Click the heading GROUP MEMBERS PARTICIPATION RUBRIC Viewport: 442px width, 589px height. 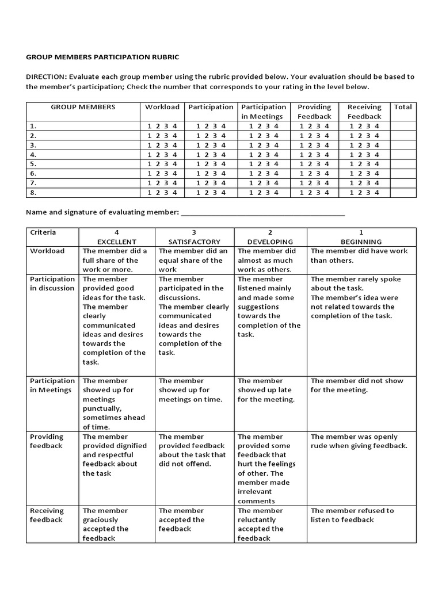[x=102, y=57]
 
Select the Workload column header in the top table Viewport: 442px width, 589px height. [x=162, y=107]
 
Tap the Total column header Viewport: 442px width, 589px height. [x=403, y=107]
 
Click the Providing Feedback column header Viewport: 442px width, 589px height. [x=314, y=112]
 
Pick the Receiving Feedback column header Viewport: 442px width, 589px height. [x=364, y=112]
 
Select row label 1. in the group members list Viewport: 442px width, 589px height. [x=33, y=126]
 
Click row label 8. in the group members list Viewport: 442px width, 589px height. [x=33, y=193]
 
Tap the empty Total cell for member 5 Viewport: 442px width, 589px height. [x=402, y=164]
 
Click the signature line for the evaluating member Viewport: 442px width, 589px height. [x=263, y=213]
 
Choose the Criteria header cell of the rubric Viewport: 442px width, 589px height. [x=43, y=232]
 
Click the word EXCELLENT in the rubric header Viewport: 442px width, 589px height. [x=117, y=242]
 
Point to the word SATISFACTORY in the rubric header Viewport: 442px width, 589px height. [x=194, y=242]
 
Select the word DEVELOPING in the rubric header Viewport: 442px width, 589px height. [x=270, y=242]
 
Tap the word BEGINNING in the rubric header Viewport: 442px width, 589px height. [x=361, y=242]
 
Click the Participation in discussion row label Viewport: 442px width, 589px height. [x=52, y=284]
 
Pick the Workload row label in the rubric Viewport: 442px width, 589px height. [x=47, y=251]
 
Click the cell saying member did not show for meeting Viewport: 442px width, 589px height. [x=357, y=385]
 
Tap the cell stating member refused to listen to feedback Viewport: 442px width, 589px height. [x=352, y=515]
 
